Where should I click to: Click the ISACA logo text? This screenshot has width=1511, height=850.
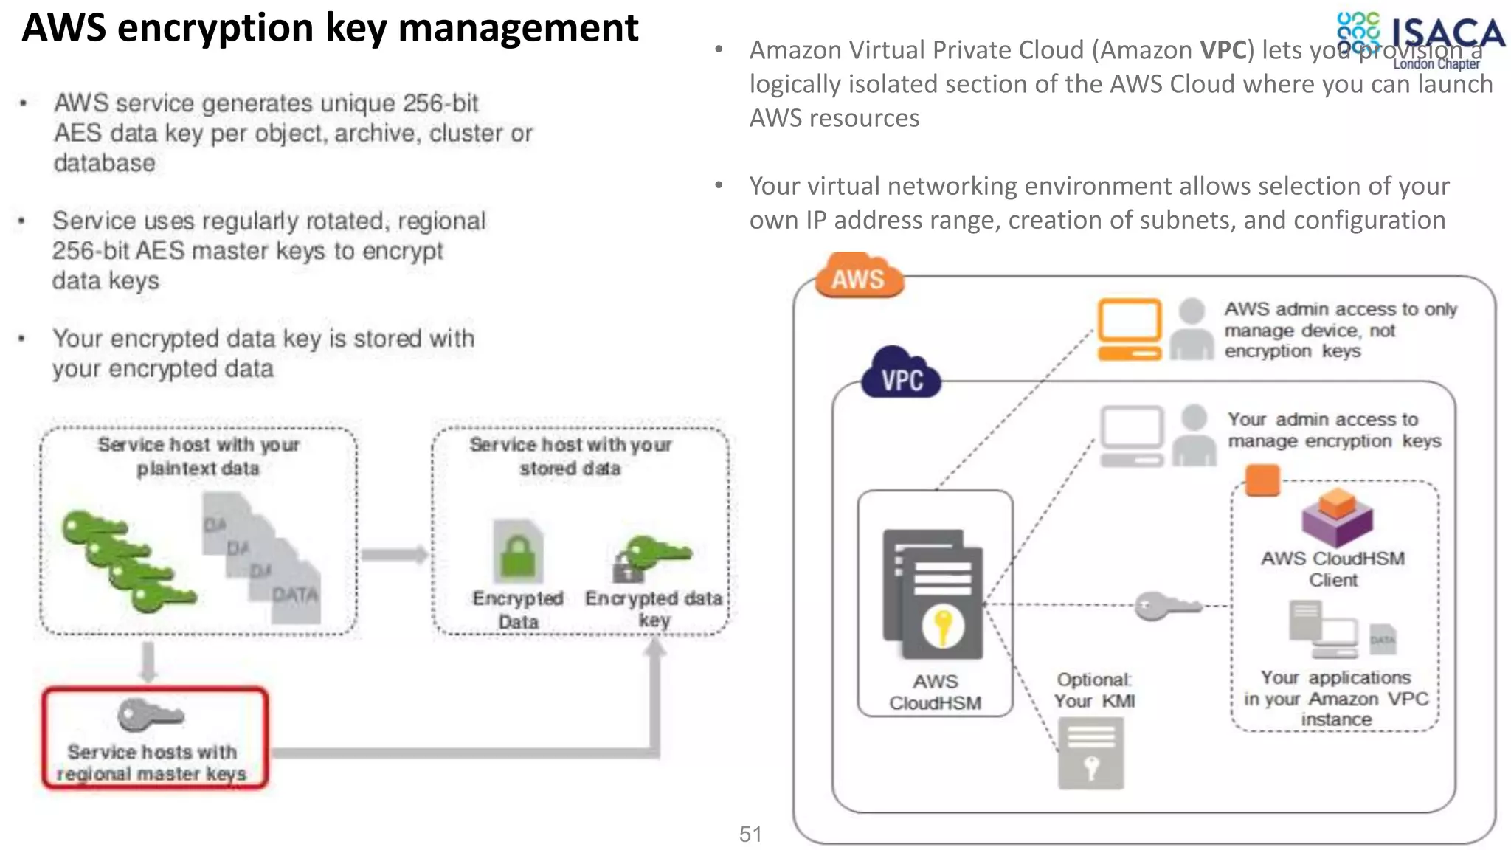pyautogui.click(x=1446, y=33)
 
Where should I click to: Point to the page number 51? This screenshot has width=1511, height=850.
pyautogui.click(x=750, y=834)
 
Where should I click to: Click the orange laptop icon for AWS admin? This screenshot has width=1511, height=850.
pyautogui.click(x=1129, y=329)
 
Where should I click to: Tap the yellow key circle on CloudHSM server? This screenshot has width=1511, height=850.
pyautogui.click(x=942, y=626)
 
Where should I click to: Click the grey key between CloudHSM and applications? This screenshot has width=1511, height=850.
pyautogui.click(x=1168, y=607)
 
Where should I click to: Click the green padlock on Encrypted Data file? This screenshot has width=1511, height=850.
pyautogui.click(x=518, y=554)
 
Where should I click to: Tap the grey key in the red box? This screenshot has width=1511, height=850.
pyautogui.click(x=150, y=714)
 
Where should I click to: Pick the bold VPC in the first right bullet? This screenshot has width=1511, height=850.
pyautogui.click(x=1223, y=50)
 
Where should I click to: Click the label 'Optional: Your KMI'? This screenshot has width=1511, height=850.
pyautogui.click(x=1094, y=690)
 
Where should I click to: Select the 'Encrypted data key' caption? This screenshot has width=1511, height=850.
pyautogui.click(x=654, y=608)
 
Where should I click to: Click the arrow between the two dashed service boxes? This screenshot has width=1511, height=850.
pyautogui.click(x=394, y=555)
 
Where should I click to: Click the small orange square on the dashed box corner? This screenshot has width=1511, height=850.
pyautogui.click(x=1262, y=480)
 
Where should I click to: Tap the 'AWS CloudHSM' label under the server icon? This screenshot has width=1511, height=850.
pyautogui.click(x=935, y=691)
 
